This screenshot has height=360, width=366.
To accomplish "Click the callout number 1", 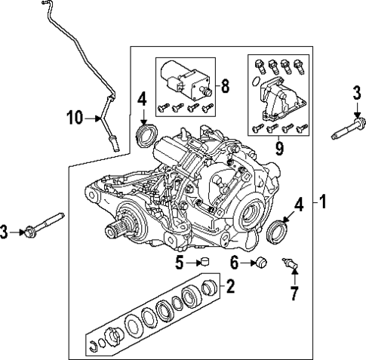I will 322,202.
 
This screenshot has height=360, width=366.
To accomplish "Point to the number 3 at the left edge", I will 5,232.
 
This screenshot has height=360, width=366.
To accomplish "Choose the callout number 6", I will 234,263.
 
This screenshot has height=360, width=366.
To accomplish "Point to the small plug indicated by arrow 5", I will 202,263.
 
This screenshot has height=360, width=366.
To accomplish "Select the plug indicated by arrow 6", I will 260,263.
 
